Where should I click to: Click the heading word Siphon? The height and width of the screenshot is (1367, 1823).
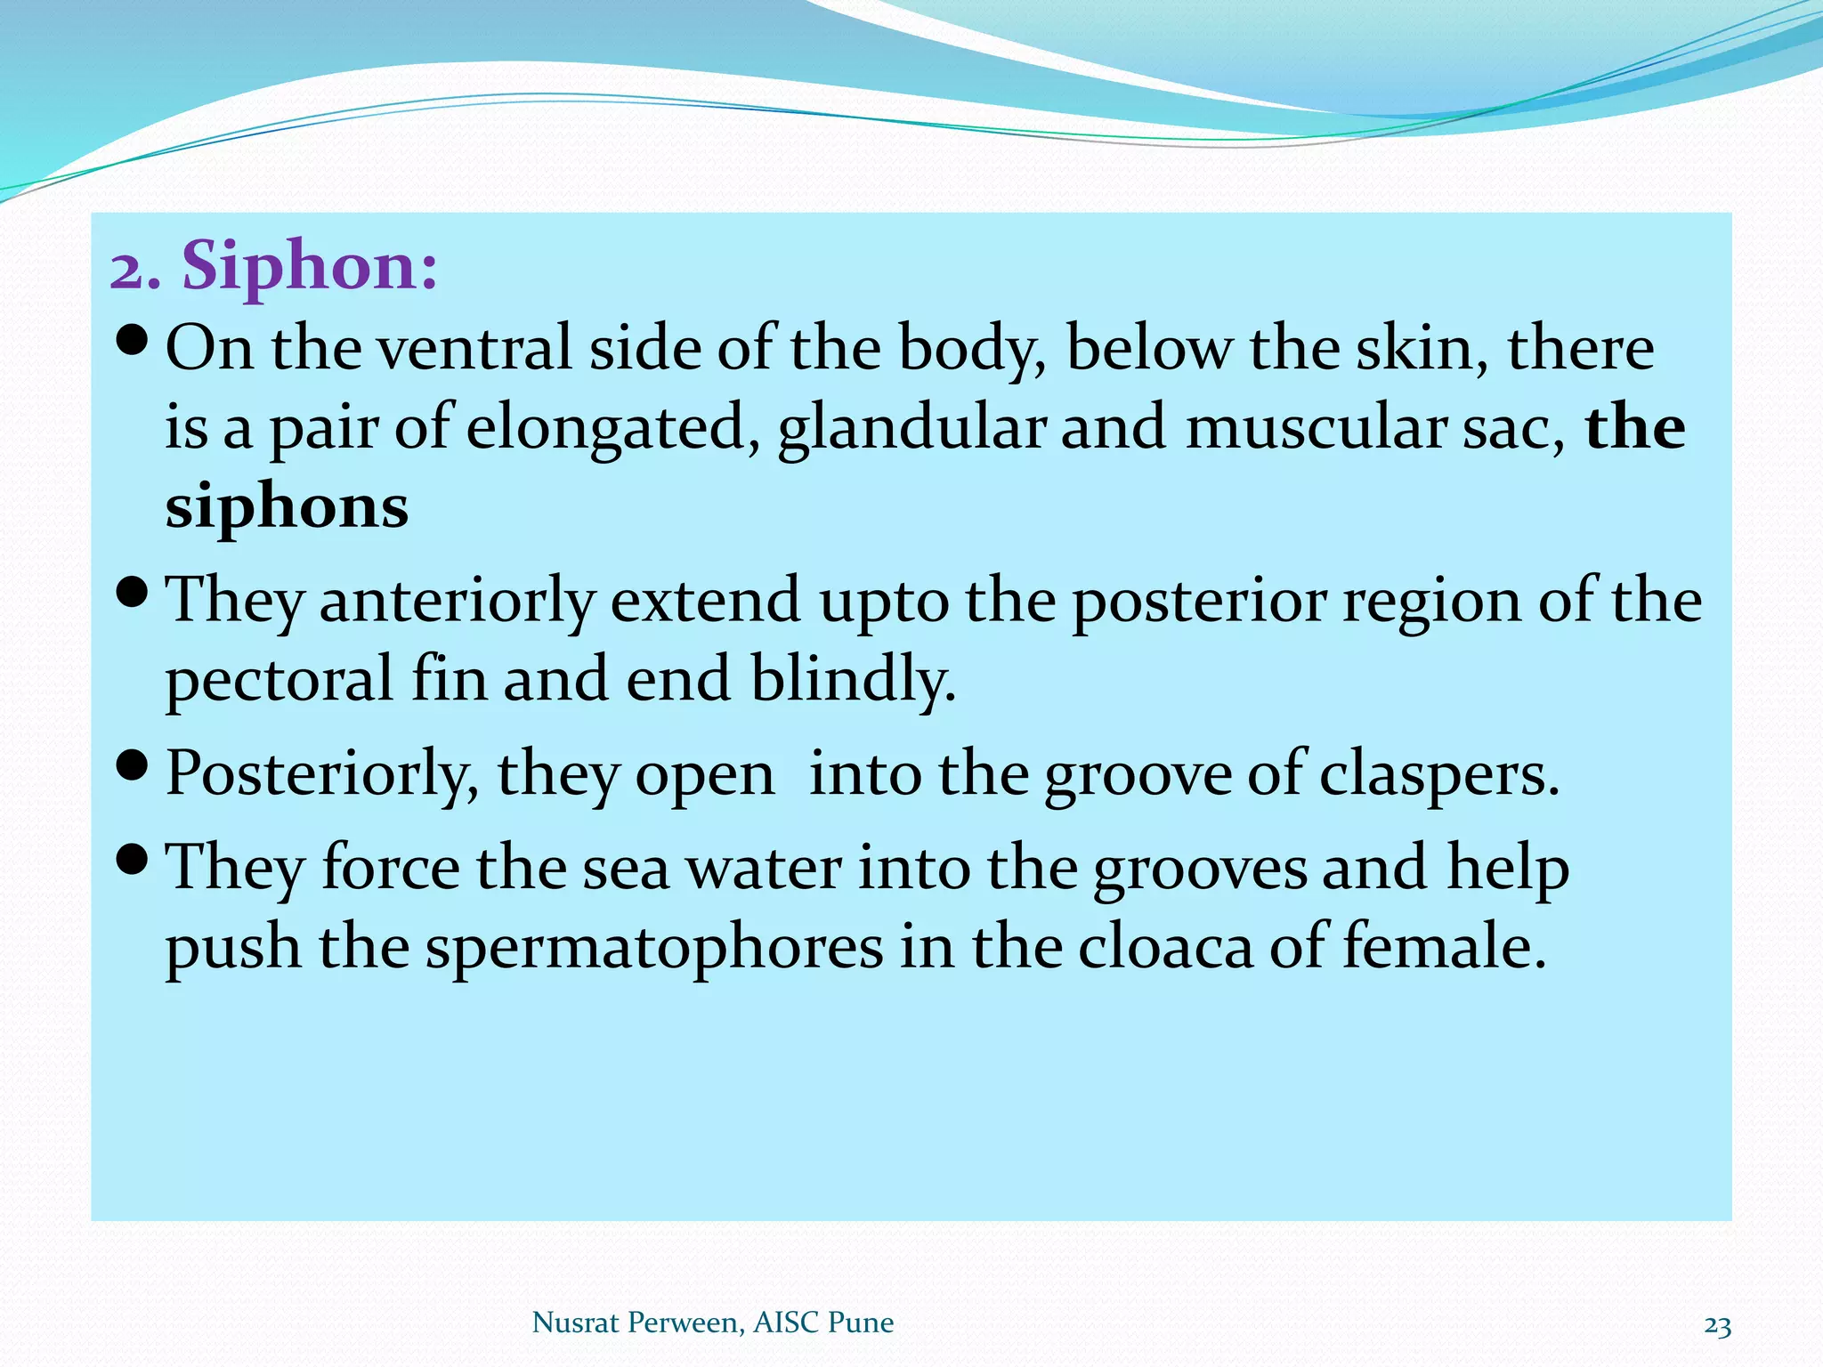(x=309, y=266)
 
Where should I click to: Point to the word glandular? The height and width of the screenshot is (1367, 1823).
(x=911, y=428)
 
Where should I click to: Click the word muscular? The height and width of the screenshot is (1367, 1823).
(x=1317, y=428)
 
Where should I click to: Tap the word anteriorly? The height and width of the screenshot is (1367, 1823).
(x=456, y=600)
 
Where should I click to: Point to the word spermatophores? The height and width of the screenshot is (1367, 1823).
(x=654, y=947)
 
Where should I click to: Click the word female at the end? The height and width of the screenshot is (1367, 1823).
(x=1442, y=947)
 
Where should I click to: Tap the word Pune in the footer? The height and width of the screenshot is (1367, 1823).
(x=860, y=1323)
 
